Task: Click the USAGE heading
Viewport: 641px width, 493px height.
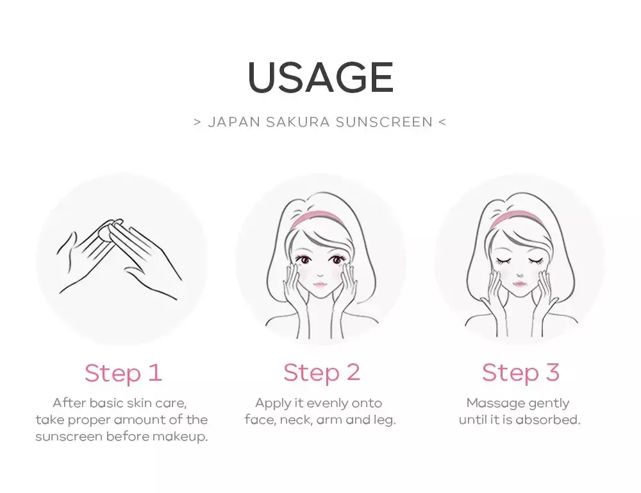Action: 320,78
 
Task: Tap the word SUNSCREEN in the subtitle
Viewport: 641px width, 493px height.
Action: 384,122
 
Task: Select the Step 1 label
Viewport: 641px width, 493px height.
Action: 123,374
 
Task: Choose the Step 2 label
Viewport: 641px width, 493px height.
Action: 322,372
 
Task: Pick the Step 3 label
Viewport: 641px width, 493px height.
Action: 520,372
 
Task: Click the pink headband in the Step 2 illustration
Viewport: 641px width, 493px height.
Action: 317,218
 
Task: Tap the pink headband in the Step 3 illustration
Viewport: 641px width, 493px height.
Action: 516,218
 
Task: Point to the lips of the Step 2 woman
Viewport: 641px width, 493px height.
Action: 320,284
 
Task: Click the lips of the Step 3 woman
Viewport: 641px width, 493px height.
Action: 520,283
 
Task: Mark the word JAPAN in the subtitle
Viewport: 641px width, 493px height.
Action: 234,122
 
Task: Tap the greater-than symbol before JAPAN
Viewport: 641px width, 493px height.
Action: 197,122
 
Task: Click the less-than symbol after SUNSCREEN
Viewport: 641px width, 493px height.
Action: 442,122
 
